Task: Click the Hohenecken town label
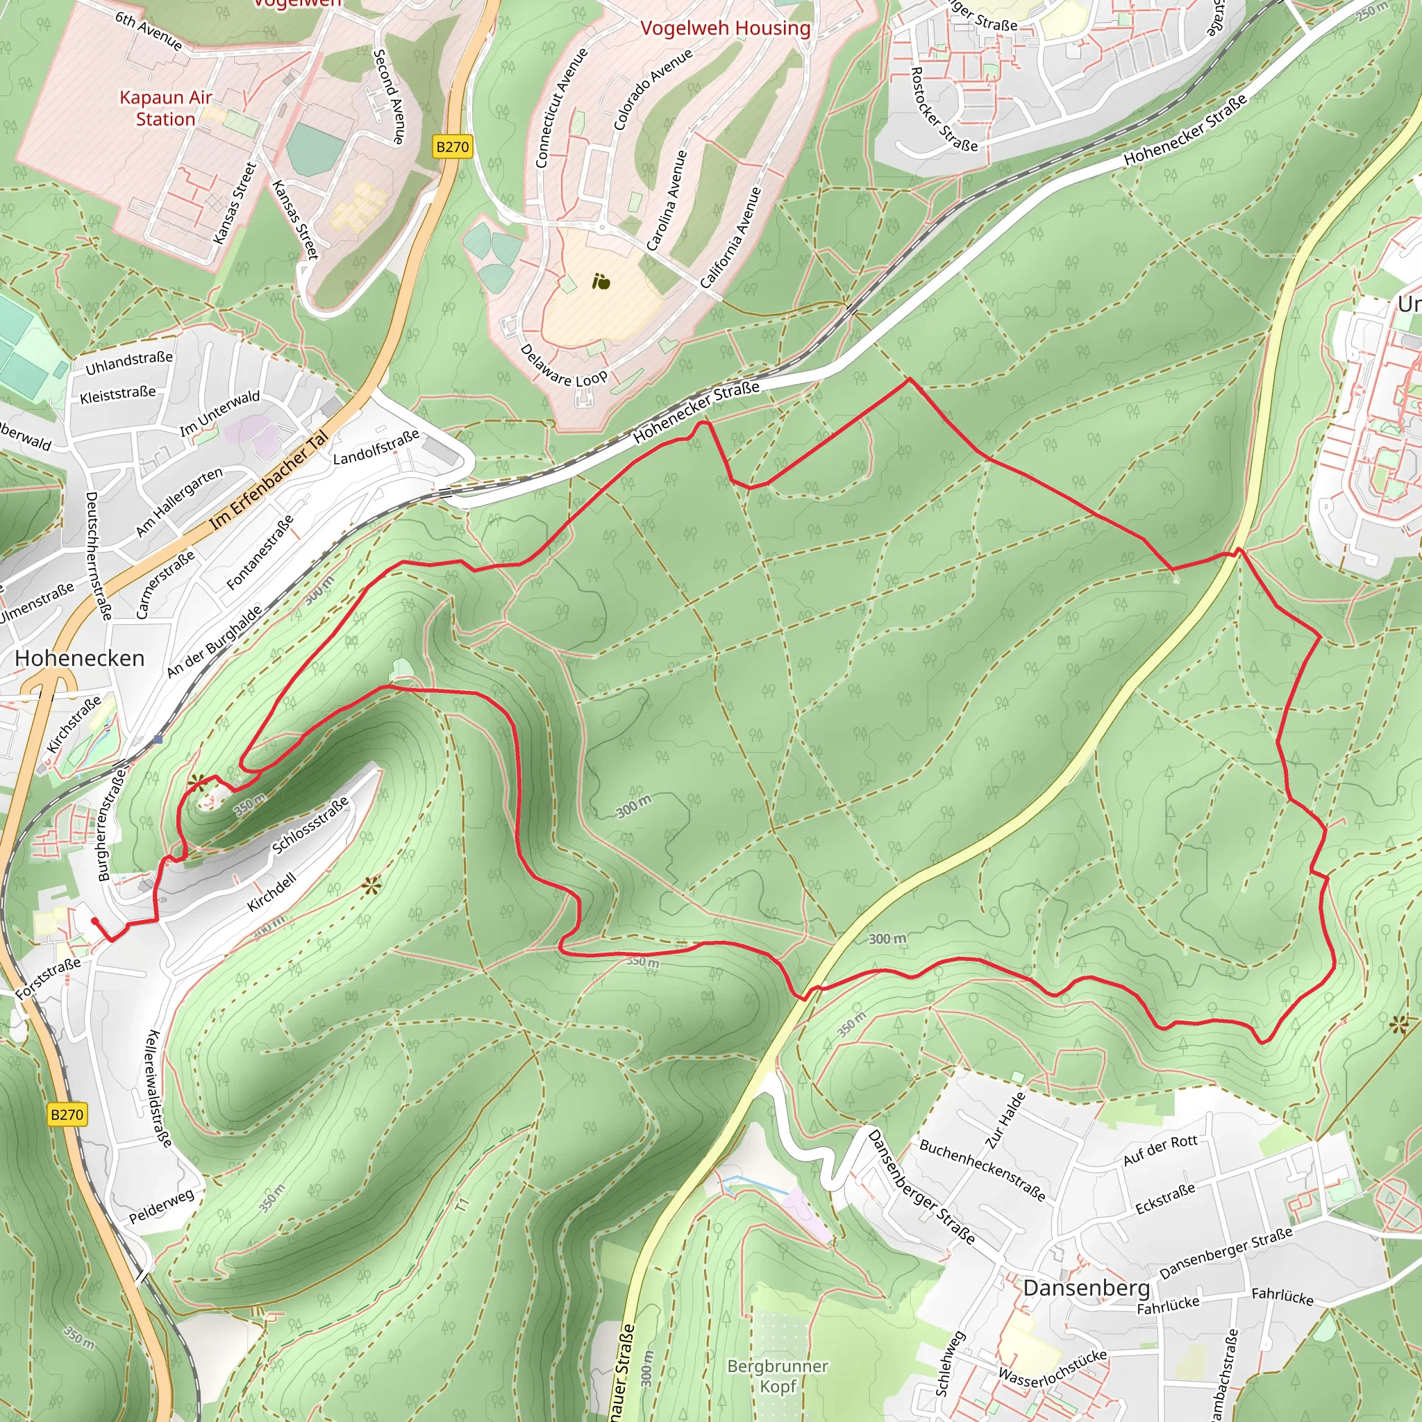[79, 658]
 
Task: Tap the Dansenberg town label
[1086, 1287]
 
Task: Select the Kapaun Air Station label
[166, 108]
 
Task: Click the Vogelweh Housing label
[725, 28]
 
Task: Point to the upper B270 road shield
[452, 147]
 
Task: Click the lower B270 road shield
[67, 1114]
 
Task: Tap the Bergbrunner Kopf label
[777, 1375]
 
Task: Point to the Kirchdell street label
[271, 892]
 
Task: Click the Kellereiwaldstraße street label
[159, 1088]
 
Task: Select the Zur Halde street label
[1005, 1121]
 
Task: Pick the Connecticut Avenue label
[562, 108]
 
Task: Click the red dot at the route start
[94, 921]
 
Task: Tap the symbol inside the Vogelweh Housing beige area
[601, 282]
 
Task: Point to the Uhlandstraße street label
[129, 362]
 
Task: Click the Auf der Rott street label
[1160, 1150]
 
